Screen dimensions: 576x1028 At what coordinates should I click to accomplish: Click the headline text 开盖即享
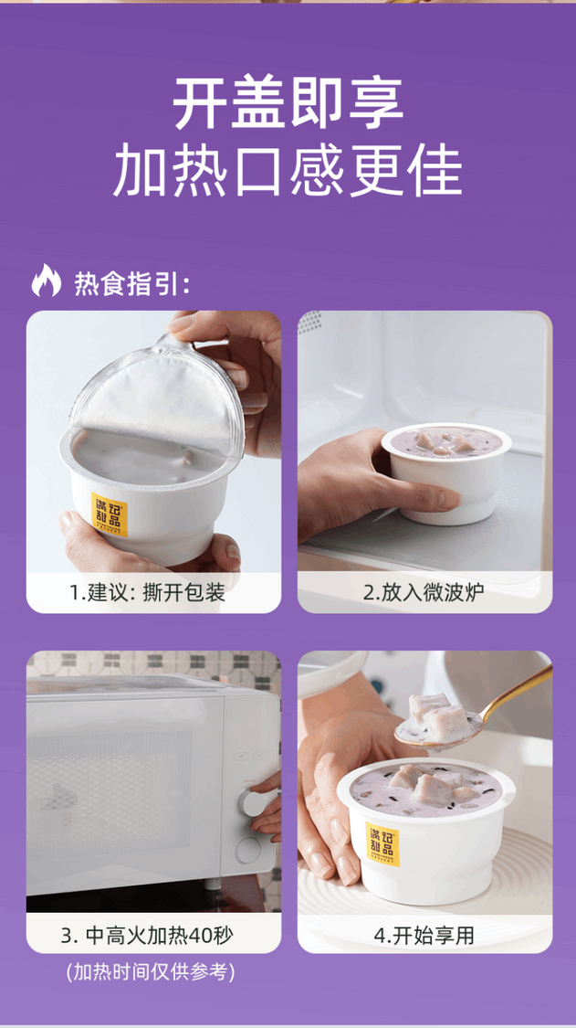pyautogui.click(x=288, y=103)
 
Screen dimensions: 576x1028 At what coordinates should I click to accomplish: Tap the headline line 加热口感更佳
pyautogui.click(x=288, y=171)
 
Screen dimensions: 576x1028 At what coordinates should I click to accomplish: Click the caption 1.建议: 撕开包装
pyautogui.click(x=147, y=593)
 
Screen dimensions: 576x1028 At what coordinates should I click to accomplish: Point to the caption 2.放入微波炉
pyautogui.click(x=424, y=593)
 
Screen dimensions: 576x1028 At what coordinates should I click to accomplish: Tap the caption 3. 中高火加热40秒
pyautogui.click(x=147, y=935)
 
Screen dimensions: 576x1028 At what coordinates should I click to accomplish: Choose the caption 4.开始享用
pyautogui.click(x=424, y=935)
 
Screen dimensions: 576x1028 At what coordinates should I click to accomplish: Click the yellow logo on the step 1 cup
pyautogui.click(x=109, y=514)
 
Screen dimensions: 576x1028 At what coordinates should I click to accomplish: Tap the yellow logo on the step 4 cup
pyautogui.click(x=382, y=844)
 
